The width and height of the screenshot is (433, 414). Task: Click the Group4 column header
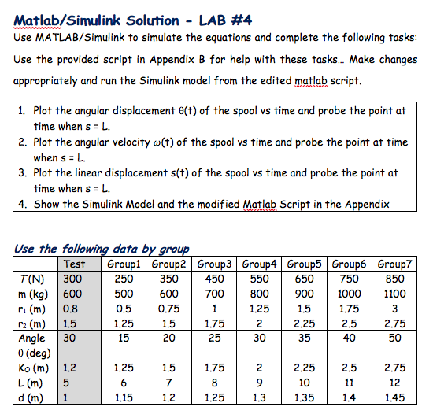click(x=262, y=264)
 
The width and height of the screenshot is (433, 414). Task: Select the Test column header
click(x=74, y=264)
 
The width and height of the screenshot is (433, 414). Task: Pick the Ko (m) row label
click(x=31, y=367)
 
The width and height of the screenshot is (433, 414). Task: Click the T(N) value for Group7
click(x=396, y=279)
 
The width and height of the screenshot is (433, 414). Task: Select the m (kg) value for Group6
click(x=351, y=294)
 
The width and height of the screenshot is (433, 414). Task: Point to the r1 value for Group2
click(x=168, y=309)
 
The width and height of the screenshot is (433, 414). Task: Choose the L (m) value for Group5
click(x=306, y=382)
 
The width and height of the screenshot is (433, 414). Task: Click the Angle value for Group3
click(x=216, y=338)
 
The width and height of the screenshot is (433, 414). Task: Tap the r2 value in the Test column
click(x=70, y=323)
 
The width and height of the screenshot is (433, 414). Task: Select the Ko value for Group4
click(x=262, y=367)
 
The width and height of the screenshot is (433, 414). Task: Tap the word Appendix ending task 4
click(x=367, y=205)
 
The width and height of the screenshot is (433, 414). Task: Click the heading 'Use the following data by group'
click(x=102, y=249)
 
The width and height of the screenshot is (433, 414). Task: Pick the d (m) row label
click(x=30, y=397)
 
